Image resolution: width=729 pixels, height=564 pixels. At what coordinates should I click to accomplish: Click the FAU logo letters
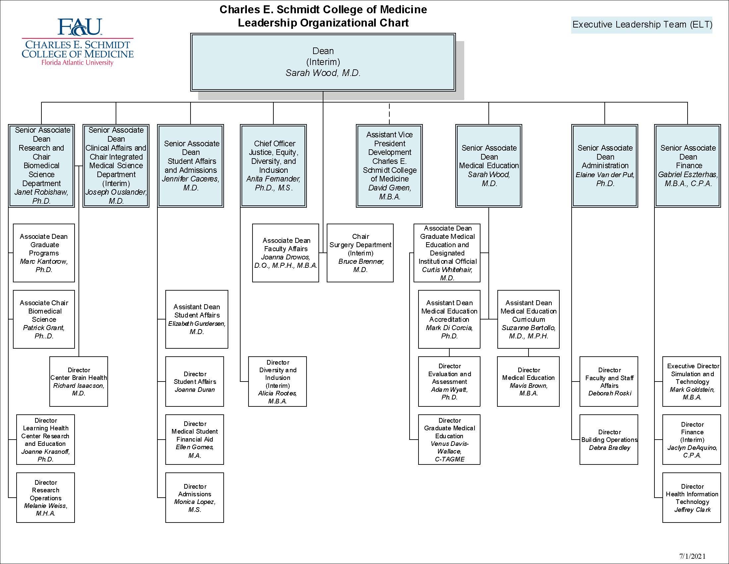80,27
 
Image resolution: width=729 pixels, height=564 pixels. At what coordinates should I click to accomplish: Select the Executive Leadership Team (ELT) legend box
642,25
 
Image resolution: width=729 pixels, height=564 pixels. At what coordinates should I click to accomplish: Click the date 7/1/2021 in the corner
692,556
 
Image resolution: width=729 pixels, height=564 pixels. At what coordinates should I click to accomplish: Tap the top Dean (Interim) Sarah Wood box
323,62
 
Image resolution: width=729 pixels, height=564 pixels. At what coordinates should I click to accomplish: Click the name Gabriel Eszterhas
687,175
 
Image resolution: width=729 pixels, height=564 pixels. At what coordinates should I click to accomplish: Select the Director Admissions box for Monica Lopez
195,498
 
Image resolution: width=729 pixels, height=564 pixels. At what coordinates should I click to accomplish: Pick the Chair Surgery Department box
360,252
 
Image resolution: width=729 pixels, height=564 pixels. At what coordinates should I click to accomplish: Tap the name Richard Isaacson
79,386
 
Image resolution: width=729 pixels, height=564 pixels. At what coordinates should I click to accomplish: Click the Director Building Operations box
609,439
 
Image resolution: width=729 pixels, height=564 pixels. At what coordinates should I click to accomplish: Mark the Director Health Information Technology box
692,498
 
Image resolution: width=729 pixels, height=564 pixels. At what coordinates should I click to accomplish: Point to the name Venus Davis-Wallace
449,448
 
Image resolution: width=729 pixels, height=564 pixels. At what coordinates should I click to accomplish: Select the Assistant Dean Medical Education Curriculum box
528,319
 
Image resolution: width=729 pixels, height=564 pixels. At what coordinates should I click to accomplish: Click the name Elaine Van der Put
604,175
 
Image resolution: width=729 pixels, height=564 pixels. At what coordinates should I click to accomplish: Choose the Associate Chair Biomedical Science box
44,319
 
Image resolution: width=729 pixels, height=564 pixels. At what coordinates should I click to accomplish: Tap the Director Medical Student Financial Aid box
195,439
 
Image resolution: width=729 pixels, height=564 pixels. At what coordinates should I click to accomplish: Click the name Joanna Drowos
285,257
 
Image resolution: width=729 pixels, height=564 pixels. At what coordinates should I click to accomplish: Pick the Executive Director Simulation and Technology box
692,381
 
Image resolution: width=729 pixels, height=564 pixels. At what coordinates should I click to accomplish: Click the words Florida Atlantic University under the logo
77,62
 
